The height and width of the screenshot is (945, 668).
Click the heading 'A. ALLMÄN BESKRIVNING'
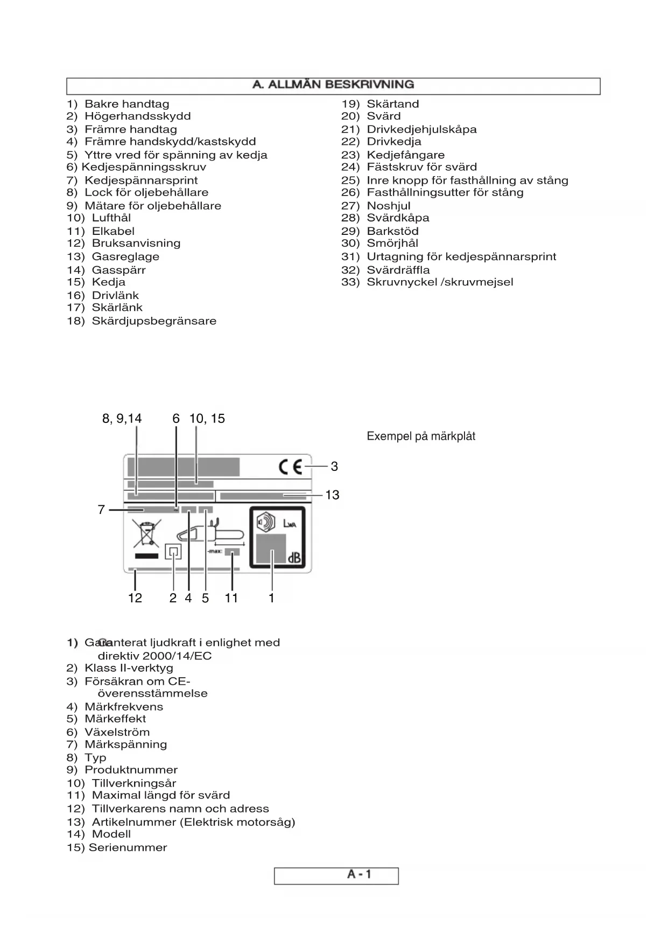[x=333, y=85]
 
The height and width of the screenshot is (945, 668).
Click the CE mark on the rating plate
[x=290, y=467]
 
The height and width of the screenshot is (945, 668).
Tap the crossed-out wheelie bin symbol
[x=146, y=534]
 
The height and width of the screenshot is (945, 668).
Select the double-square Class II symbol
[x=173, y=552]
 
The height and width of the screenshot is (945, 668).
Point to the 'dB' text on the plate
[x=293, y=558]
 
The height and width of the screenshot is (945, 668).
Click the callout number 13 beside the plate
[x=332, y=495]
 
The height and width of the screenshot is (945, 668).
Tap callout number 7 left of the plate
[x=101, y=510]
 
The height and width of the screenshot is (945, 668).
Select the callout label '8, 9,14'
[x=122, y=419]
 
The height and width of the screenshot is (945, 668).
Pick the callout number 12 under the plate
[x=135, y=598]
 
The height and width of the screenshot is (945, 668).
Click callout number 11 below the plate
[x=231, y=598]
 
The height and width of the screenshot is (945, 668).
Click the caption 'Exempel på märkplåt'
[x=421, y=436]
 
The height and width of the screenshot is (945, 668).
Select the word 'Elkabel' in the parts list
[x=113, y=231]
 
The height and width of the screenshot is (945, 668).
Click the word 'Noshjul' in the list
[x=388, y=206]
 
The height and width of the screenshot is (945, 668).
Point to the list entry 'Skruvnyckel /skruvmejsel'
[x=440, y=282]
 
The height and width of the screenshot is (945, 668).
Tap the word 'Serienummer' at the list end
[x=128, y=847]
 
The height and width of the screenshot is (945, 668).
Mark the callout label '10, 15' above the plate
[x=207, y=419]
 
